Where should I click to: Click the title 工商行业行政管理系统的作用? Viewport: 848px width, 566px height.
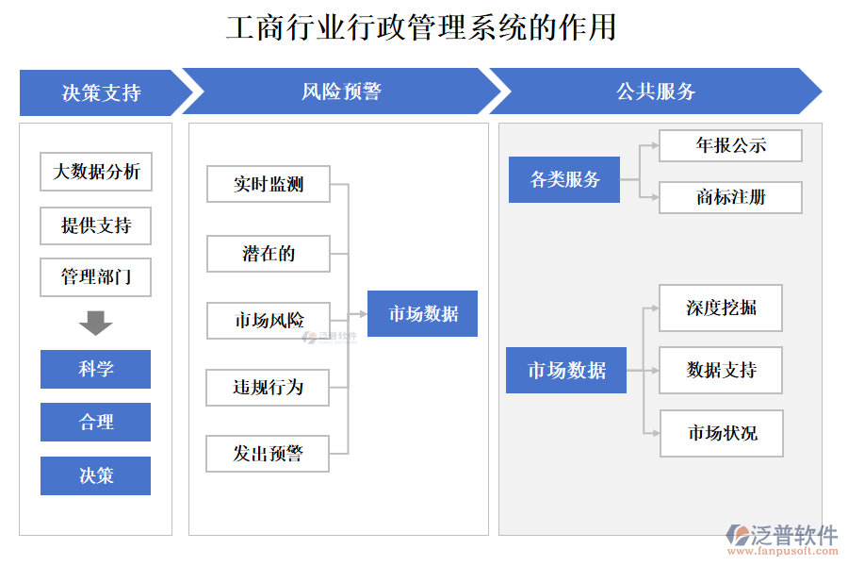pyautogui.click(x=421, y=27)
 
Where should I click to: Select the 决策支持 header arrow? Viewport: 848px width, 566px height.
pyautogui.click(x=102, y=92)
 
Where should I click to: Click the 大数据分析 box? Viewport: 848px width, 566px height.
pyautogui.click(x=96, y=172)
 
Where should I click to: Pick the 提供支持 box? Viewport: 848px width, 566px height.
pyautogui.click(x=96, y=225)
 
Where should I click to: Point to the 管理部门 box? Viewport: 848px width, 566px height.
pyautogui.click(x=96, y=277)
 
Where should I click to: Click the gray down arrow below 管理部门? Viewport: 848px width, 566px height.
pyautogui.click(x=95, y=323)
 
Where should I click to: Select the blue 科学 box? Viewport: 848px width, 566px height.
pyautogui.click(x=95, y=369)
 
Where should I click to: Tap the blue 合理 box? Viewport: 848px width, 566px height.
pyautogui.click(x=95, y=422)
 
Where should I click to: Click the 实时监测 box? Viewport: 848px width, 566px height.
pyautogui.click(x=269, y=184)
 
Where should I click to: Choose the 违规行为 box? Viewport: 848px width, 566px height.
pyautogui.click(x=269, y=387)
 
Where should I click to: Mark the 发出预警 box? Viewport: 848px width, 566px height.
pyautogui.click(x=269, y=454)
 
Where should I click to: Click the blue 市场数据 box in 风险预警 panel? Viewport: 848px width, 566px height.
pyautogui.click(x=422, y=314)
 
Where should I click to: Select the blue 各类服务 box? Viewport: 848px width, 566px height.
pyautogui.click(x=564, y=179)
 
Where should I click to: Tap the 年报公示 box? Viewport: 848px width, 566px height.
pyautogui.click(x=730, y=145)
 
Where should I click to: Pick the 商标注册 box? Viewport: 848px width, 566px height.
pyautogui.click(x=730, y=197)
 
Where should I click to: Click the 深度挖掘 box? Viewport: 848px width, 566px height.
pyautogui.click(x=721, y=308)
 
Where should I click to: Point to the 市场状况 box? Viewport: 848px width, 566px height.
pyautogui.click(x=722, y=433)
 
